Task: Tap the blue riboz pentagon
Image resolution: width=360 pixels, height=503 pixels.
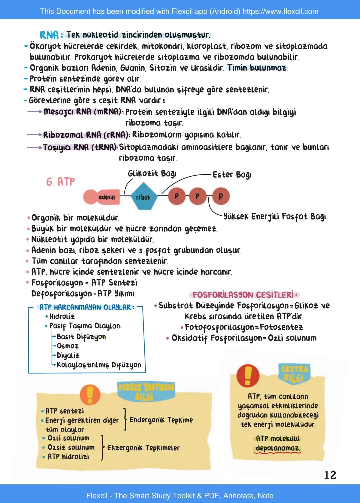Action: (x=143, y=197)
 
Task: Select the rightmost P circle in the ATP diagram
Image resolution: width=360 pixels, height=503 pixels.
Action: (x=221, y=196)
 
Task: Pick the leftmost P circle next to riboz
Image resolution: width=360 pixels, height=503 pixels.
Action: (x=176, y=196)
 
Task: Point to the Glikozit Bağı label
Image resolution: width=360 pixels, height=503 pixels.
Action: (x=152, y=174)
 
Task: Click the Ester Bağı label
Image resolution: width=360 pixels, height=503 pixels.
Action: (x=232, y=175)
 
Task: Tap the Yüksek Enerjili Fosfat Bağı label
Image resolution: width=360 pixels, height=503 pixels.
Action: (x=274, y=217)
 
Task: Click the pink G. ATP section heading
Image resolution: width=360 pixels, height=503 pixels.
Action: (x=61, y=182)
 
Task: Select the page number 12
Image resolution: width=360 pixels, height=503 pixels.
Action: (x=330, y=475)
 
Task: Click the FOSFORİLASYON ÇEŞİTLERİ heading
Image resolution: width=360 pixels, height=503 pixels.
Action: (x=245, y=295)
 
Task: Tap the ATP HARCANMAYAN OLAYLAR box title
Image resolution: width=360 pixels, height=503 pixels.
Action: (x=87, y=307)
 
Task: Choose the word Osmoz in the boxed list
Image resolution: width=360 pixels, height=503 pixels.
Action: (x=67, y=346)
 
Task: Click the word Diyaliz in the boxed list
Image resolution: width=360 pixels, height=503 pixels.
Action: (x=68, y=355)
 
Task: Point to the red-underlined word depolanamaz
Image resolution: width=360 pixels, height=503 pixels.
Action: (x=277, y=448)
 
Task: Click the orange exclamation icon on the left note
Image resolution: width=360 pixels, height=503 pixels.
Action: (x=90, y=394)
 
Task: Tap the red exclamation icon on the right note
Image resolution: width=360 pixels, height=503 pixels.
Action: (x=248, y=375)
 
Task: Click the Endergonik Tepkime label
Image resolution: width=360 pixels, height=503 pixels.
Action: (x=161, y=420)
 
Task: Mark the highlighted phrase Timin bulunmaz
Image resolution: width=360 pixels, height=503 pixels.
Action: (x=257, y=68)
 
